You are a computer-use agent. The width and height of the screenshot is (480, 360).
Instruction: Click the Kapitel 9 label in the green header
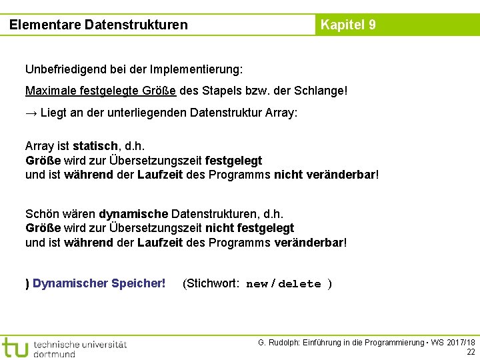(x=348, y=25)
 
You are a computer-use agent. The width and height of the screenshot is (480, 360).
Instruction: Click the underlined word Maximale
(x=50, y=90)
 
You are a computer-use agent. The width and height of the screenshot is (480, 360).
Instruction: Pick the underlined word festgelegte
(x=107, y=90)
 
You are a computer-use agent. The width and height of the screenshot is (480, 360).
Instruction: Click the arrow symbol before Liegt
(x=31, y=112)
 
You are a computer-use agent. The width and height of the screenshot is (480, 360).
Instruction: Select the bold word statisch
(x=96, y=146)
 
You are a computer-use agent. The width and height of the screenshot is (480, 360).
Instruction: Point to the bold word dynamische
(x=133, y=214)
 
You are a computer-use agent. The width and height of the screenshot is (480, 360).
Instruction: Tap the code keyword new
(x=257, y=284)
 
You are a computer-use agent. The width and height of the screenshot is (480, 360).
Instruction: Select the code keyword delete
(x=299, y=284)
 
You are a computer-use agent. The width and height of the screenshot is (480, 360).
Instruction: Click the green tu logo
(x=15, y=347)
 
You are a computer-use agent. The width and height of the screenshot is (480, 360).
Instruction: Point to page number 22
(x=471, y=352)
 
